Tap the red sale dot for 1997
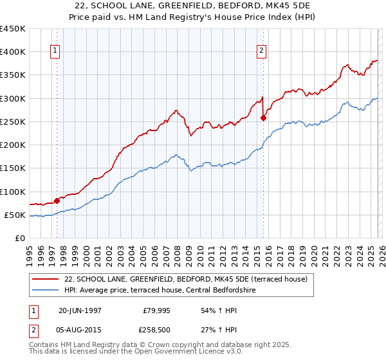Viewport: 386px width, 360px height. [x=57, y=201]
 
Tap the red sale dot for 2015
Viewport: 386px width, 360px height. [x=263, y=118]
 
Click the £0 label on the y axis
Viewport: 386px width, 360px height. [x=21, y=239]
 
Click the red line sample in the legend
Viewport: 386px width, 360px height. [x=45, y=279]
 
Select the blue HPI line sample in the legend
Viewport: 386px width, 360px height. [x=45, y=290]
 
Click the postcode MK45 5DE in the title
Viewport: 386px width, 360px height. [x=285, y=6]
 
